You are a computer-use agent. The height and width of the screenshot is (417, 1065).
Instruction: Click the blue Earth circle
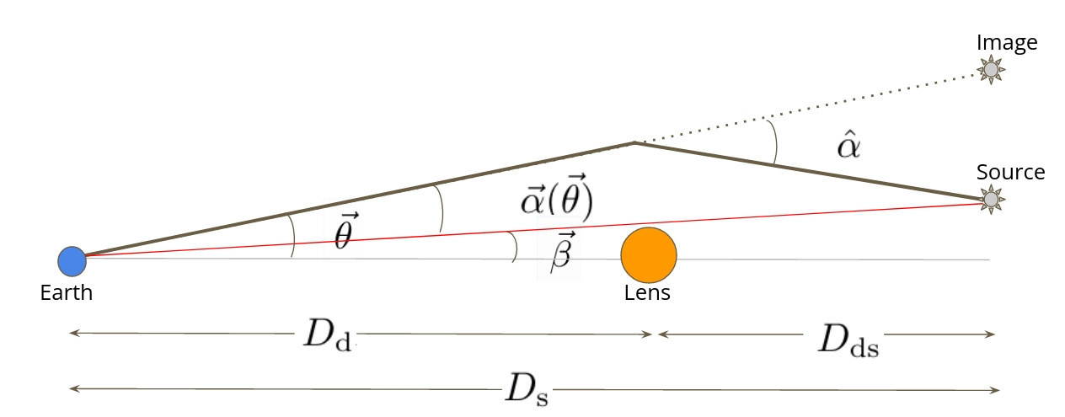(x=72, y=261)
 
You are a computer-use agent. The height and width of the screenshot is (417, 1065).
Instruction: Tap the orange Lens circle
(x=649, y=256)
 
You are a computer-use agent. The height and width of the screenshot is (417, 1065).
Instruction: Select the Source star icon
(x=992, y=199)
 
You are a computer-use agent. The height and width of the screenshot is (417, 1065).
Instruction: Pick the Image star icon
(x=992, y=69)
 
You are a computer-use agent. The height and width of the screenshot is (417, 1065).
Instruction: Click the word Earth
(x=66, y=294)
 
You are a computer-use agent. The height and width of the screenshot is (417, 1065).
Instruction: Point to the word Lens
(x=647, y=294)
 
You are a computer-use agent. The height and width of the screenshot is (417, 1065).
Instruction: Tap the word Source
(x=1010, y=173)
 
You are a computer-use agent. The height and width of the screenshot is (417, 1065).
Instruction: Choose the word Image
(x=1007, y=42)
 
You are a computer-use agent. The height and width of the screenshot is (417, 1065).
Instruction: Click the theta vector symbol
(x=343, y=235)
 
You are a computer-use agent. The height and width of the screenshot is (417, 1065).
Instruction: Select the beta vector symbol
(x=563, y=252)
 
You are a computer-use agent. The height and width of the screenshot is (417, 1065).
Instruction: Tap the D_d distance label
(x=327, y=335)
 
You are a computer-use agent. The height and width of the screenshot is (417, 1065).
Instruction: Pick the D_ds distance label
(x=848, y=339)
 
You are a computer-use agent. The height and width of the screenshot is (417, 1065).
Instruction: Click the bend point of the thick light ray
(x=634, y=143)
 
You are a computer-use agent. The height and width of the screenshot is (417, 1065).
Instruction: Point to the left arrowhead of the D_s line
(x=74, y=389)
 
